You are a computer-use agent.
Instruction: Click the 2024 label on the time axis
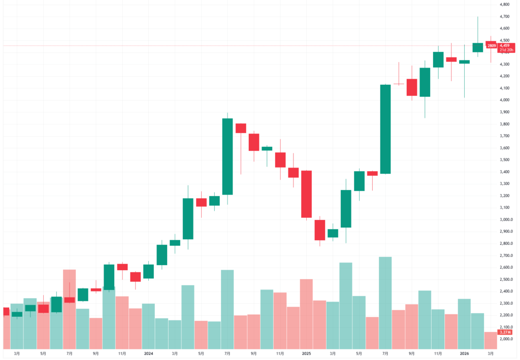pyautogui.click(x=148, y=353)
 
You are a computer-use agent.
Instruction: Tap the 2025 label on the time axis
pyautogui.click(x=306, y=353)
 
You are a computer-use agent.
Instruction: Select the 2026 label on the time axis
pyautogui.click(x=464, y=353)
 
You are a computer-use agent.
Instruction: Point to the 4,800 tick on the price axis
pyautogui.click(x=504, y=4)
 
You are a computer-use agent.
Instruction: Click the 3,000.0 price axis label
pyautogui.click(x=506, y=219)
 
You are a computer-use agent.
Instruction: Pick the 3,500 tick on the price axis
pyautogui.click(x=504, y=159)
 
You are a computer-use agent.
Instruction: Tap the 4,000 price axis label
pyautogui.click(x=504, y=100)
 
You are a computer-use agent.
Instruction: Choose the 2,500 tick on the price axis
pyautogui.click(x=504, y=279)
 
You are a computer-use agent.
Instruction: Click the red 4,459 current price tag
pyautogui.click(x=504, y=45)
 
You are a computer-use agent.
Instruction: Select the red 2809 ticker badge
pyautogui.click(x=491, y=46)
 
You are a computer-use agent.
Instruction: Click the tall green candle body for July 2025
pyautogui.click(x=385, y=129)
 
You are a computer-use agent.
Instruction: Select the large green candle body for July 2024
pyautogui.click(x=227, y=156)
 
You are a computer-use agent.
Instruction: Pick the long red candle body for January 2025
pyautogui.click(x=306, y=194)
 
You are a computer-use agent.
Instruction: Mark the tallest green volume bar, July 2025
pyautogui.click(x=385, y=303)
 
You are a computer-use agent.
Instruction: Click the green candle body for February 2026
pyautogui.click(x=477, y=47)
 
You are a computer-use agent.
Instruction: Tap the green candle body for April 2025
pyautogui.click(x=346, y=209)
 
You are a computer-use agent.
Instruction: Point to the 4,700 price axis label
pyautogui.click(x=504, y=16)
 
